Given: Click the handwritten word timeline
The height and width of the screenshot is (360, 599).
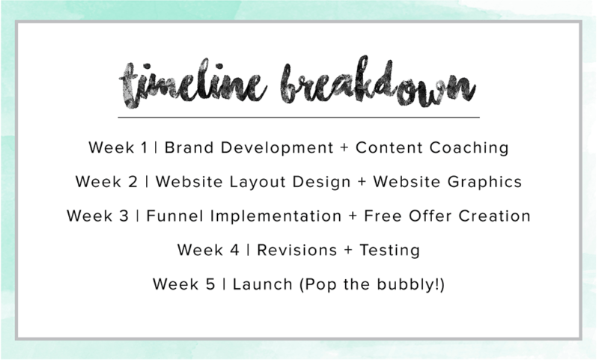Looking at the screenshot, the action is [193, 85].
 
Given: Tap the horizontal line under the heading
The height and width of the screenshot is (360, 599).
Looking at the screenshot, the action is [299, 118].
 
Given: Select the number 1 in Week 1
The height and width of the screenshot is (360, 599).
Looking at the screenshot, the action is [144, 147].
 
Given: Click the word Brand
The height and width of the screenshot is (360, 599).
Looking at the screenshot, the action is [189, 147].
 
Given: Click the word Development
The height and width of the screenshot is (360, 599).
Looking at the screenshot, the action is [277, 148].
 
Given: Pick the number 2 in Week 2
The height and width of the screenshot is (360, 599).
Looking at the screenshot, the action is [133, 182].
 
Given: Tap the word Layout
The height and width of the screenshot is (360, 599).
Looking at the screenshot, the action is [258, 182].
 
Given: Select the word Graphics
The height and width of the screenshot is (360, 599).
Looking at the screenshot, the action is [484, 183].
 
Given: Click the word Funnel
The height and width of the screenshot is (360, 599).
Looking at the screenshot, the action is [174, 216].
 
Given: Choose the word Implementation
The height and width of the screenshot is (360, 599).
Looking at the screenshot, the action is [276, 217].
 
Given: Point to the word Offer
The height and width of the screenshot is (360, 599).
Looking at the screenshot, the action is [430, 216].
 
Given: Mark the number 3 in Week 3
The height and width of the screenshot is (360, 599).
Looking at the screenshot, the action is [124, 216].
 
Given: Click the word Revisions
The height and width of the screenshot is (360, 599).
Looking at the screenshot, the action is [297, 250].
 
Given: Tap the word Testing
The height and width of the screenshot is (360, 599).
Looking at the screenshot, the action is [389, 251].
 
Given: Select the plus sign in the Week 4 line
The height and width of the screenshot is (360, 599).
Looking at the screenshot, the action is [348, 251].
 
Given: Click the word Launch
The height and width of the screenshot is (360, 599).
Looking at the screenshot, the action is [263, 284].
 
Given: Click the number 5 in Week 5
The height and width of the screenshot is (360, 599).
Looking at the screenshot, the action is [210, 284].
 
